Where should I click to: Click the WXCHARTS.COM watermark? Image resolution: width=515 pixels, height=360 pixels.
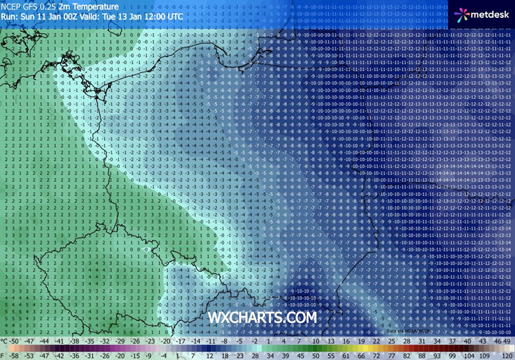(x=262, y=317)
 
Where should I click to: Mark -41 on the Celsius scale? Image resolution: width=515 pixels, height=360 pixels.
(x=60, y=341)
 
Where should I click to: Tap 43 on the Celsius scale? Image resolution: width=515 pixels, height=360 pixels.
(x=482, y=341)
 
